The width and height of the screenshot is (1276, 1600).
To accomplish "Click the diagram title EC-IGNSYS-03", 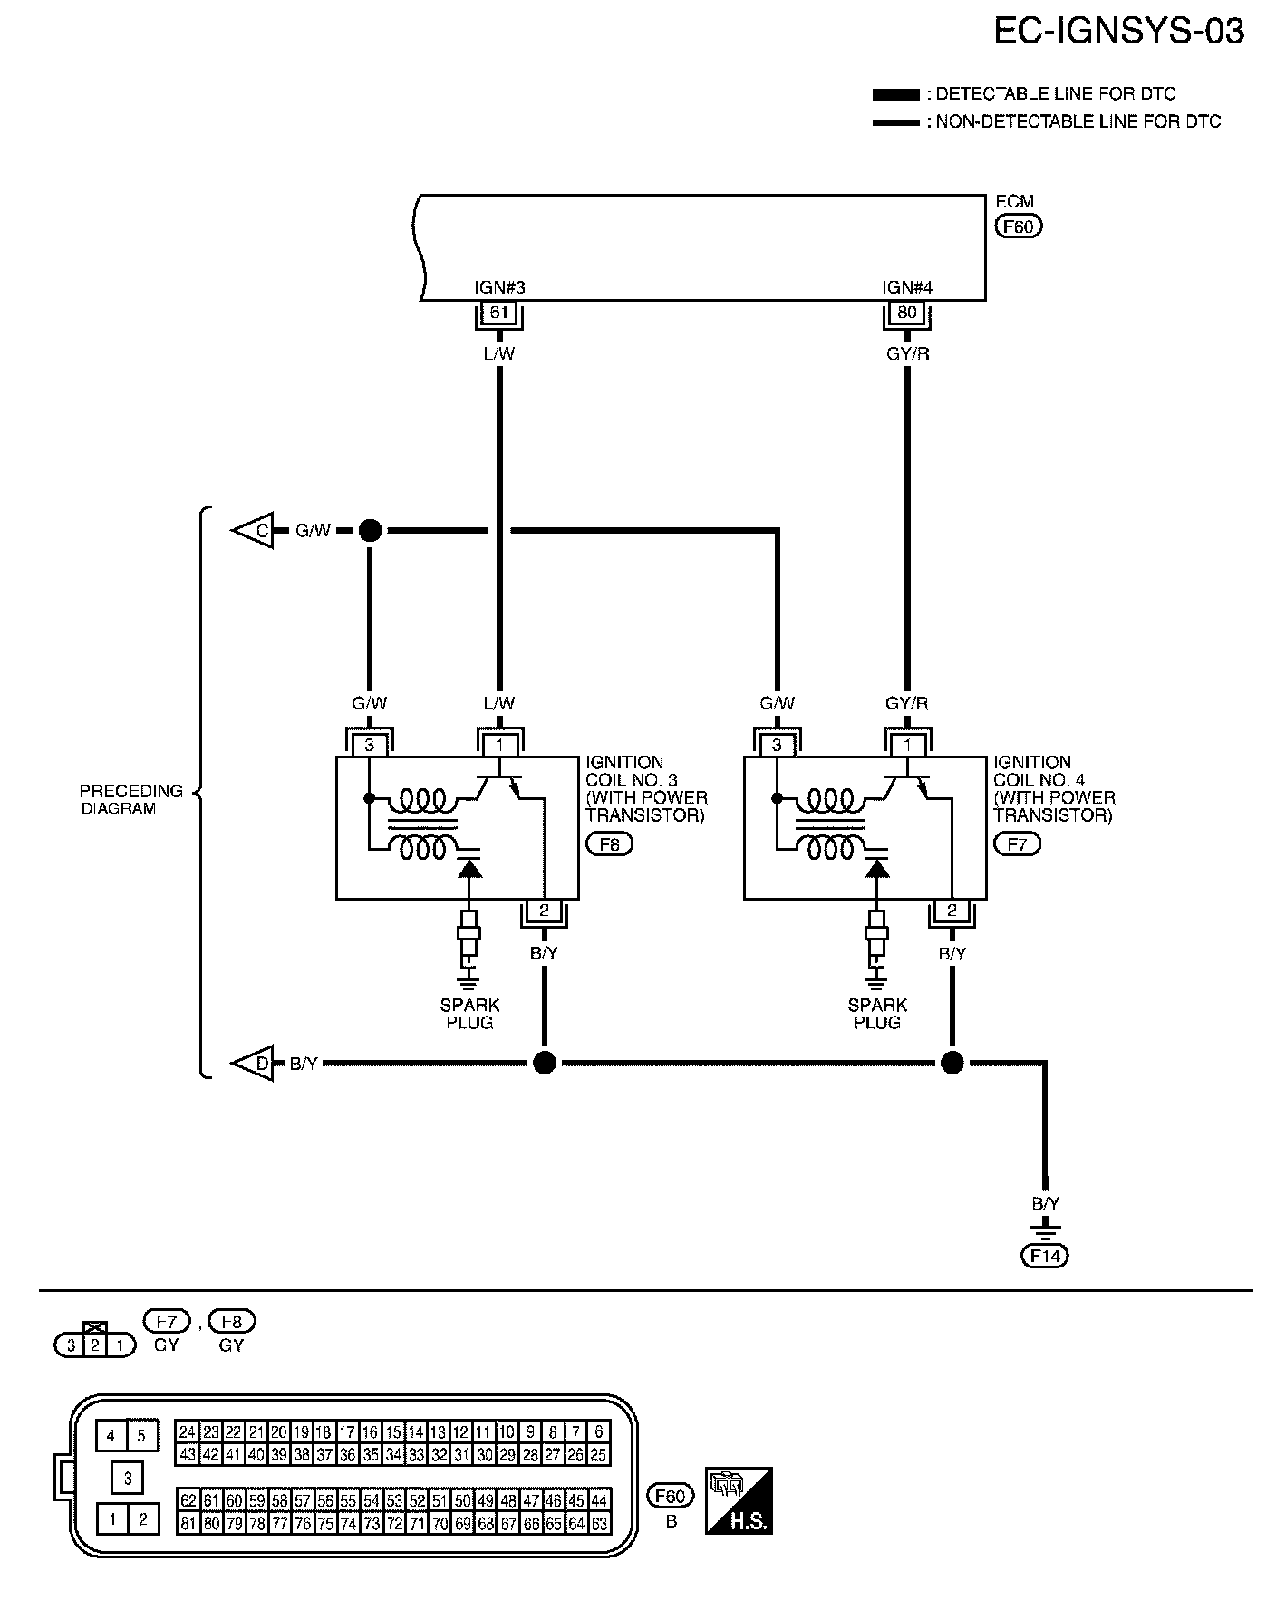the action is point(1118,33).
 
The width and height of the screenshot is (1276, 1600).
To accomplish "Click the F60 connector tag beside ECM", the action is point(1019,227).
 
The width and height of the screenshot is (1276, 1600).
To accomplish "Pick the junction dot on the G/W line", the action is point(370,531).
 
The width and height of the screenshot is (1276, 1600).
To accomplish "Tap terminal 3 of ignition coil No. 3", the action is point(370,746).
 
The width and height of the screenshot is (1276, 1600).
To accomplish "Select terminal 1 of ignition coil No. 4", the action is point(907,746).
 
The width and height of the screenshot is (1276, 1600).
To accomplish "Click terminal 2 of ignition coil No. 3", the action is point(544,911).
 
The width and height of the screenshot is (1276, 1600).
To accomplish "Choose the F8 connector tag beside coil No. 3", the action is point(610,844).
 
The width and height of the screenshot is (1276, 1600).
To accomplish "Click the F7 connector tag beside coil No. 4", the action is point(1017,844).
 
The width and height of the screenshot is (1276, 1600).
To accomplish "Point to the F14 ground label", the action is point(1045,1256).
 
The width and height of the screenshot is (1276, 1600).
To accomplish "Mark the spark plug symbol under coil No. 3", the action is point(469,942).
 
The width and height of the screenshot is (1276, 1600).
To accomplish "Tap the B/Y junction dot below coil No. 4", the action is point(952,1063).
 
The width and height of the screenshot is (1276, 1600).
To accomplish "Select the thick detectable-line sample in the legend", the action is point(895,94).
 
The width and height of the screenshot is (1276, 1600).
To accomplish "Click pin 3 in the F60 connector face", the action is point(128,1479).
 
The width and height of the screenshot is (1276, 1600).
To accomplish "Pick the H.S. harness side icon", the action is point(739,1500).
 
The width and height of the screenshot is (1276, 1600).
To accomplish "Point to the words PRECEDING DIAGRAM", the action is point(130,800).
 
